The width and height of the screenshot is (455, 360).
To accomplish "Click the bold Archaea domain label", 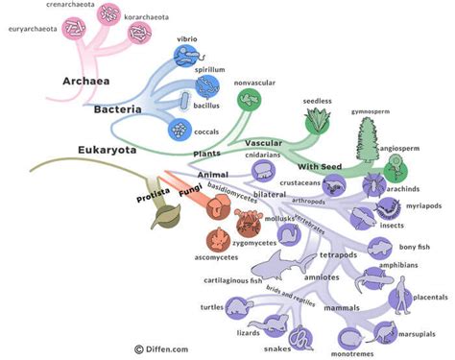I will pyautogui.click(x=86, y=81).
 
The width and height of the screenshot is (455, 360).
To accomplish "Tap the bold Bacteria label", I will pyautogui.click(x=118, y=110).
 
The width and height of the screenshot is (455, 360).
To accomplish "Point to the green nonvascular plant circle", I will pyautogui.click(x=251, y=99).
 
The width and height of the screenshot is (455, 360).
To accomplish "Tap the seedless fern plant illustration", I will pyautogui.click(x=317, y=120).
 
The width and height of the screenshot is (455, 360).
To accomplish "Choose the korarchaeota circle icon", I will pyautogui.click(x=142, y=34).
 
